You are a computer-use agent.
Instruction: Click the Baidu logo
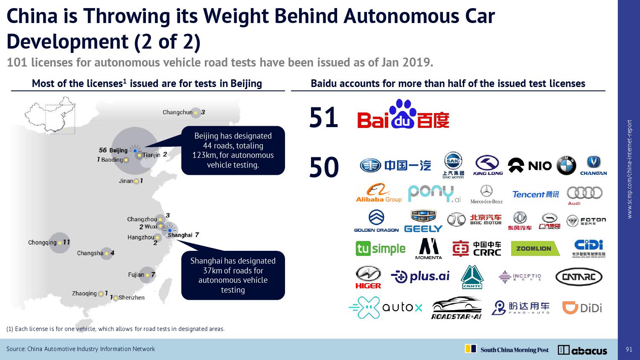coord(403,115)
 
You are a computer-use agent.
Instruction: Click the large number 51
coord(323,118)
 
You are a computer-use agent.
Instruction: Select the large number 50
coord(324,167)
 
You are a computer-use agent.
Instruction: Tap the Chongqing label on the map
coord(42,243)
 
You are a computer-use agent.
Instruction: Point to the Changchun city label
coord(177,113)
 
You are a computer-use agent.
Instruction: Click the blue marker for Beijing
coord(135,151)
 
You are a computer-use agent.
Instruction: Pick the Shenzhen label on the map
coord(131,298)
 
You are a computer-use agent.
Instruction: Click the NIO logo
coord(529,165)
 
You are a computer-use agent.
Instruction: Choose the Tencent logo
coord(535,195)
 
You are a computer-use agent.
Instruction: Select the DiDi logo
coord(582,308)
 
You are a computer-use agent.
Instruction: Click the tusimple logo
coord(380,249)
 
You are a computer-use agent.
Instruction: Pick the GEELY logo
coord(423,221)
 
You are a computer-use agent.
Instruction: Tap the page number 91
coord(629,349)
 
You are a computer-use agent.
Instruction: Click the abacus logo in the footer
coord(582,350)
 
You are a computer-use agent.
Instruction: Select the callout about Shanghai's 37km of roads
coord(233,275)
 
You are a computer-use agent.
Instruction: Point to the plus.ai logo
coord(420,277)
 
